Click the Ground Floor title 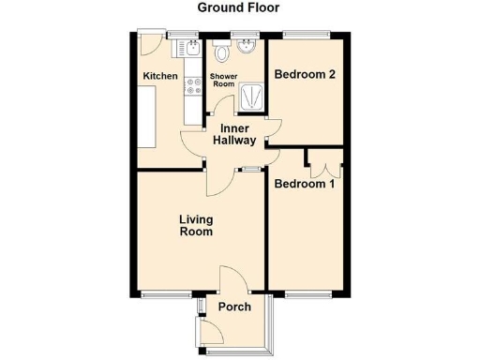click(239, 8)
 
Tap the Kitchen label click(159, 76)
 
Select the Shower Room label click(222, 80)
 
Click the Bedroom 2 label click(304, 75)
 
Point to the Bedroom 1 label click(304, 185)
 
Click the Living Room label click(196, 225)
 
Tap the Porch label click(233, 307)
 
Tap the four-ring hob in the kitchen click(194, 85)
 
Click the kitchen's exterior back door click(147, 43)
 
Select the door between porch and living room click(232, 280)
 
